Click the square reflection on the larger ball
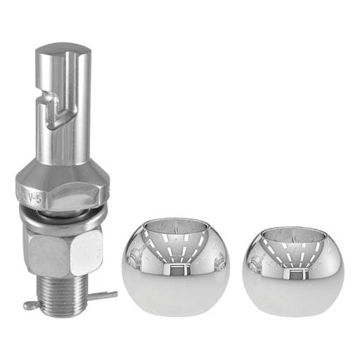pyautogui.click(x=176, y=270)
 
